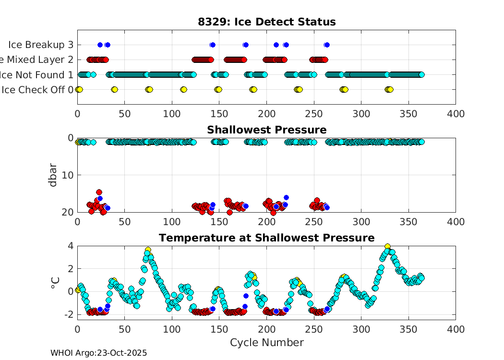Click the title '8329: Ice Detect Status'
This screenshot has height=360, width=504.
[266, 22]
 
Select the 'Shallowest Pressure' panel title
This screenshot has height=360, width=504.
[266, 130]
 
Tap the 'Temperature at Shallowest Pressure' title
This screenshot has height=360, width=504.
[266, 238]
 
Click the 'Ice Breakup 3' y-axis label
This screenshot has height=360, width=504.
[41, 45]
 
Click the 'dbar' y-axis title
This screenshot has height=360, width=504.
[53, 175]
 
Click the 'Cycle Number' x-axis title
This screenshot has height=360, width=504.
[266, 343]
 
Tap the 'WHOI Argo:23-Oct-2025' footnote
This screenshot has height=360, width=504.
[98, 353]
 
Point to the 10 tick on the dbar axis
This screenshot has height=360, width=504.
[68, 175]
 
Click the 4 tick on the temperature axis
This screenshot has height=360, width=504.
[70, 246]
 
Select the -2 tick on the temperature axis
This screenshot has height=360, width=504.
[68, 314]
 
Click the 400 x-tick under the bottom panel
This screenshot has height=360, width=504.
[455, 329]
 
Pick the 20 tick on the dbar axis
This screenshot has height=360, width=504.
[68, 212]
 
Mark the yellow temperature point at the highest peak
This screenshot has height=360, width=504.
[387, 247]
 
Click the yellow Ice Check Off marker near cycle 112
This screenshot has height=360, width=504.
[183, 90]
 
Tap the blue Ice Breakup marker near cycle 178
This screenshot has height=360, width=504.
[245, 45]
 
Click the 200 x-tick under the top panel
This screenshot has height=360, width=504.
[266, 114]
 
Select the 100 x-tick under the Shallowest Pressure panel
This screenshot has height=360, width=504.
[172, 222]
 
